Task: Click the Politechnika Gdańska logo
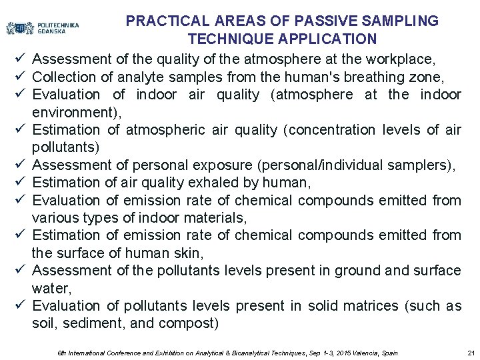click(x=42, y=28)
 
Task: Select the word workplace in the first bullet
click(x=410, y=59)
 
